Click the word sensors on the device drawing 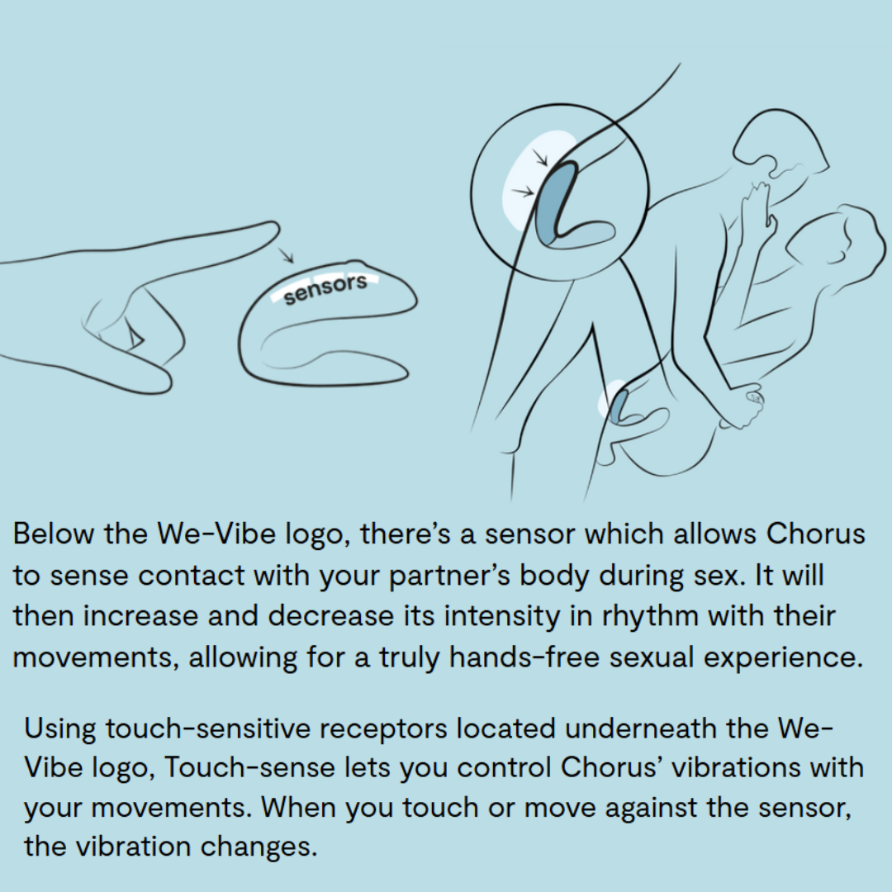point(325,290)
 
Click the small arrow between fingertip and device point(286,255)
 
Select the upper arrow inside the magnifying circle point(539,156)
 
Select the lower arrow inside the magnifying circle point(523,192)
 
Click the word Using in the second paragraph point(59,728)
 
